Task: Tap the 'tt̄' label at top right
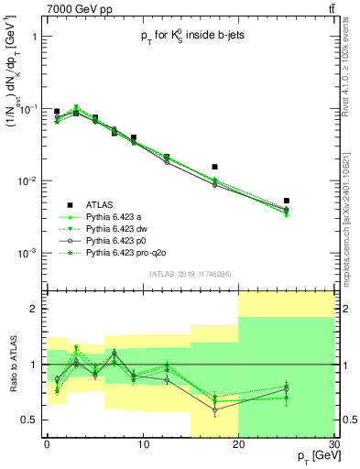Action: click(330, 9)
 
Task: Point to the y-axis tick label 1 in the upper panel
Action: click(34, 38)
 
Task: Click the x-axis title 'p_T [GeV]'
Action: click(311, 456)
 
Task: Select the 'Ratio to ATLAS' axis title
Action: click(11, 365)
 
